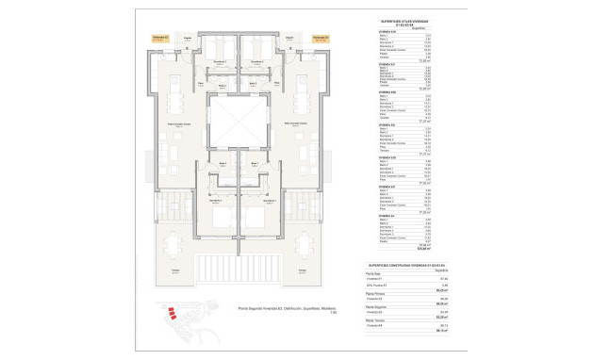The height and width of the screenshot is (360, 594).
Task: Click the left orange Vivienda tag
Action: [160, 39]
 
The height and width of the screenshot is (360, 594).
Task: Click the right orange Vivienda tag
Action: [321, 39]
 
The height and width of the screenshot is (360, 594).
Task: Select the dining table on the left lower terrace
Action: [174, 246]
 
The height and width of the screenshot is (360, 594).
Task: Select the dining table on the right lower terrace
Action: [306, 246]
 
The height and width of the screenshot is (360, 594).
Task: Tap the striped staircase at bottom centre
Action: [240, 267]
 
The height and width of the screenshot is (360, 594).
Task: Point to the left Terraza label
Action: [174, 271]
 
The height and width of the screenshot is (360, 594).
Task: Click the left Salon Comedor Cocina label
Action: [176, 123]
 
